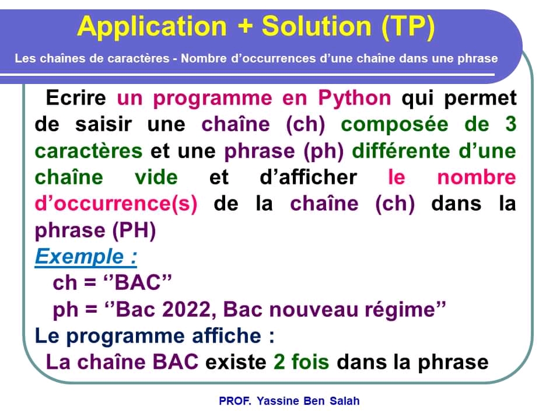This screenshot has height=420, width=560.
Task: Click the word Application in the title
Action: [151, 27]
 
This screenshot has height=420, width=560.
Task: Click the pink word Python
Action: [354, 97]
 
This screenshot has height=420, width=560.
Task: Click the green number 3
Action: [510, 124]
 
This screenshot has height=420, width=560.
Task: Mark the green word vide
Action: [156, 177]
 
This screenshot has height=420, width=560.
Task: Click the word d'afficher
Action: [308, 177]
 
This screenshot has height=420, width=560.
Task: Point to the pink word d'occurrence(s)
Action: [116, 204]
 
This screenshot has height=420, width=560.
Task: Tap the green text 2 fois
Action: [301, 362]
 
